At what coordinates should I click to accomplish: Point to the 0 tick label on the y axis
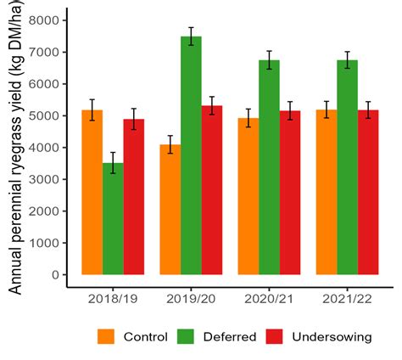point(55,275)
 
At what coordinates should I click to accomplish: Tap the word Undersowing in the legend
point(332,337)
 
